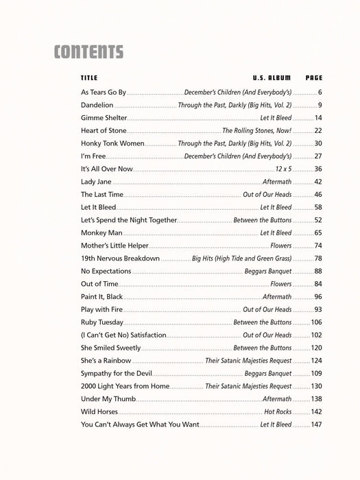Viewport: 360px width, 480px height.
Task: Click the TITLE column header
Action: tap(89, 77)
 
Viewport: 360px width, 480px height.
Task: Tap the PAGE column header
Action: tap(314, 77)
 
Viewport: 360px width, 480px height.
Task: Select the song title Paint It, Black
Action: tap(102, 297)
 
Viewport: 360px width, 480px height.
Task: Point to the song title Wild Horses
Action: tap(99, 412)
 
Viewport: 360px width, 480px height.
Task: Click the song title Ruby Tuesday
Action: tap(102, 322)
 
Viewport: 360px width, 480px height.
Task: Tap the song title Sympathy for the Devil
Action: tap(117, 374)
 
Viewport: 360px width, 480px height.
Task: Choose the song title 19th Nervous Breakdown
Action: tap(120, 259)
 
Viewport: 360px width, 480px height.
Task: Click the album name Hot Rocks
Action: tap(278, 412)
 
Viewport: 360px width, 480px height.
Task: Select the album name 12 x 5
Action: tap(283, 169)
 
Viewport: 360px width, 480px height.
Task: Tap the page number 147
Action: tap(316, 425)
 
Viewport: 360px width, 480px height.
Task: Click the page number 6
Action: tap(320, 93)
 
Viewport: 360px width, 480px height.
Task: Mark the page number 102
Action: tap(316, 335)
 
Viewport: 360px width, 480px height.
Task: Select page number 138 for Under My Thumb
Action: tap(316, 399)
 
